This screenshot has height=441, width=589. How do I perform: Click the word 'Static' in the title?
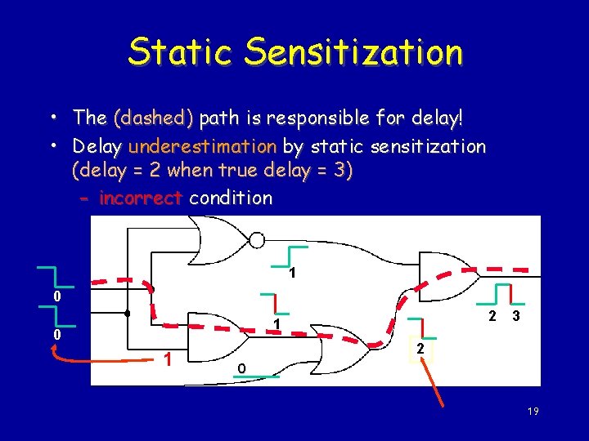(181, 52)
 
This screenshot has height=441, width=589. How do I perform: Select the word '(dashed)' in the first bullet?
(153, 118)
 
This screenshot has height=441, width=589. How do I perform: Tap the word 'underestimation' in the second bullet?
(202, 147)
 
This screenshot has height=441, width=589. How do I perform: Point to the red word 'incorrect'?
(140, 198)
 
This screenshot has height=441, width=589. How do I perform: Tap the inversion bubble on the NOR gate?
(257, 240)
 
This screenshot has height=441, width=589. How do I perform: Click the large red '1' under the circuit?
(167, 359)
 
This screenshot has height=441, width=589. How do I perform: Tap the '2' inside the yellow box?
(418, 349)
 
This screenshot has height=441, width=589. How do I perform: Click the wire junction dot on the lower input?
(127, 314)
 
